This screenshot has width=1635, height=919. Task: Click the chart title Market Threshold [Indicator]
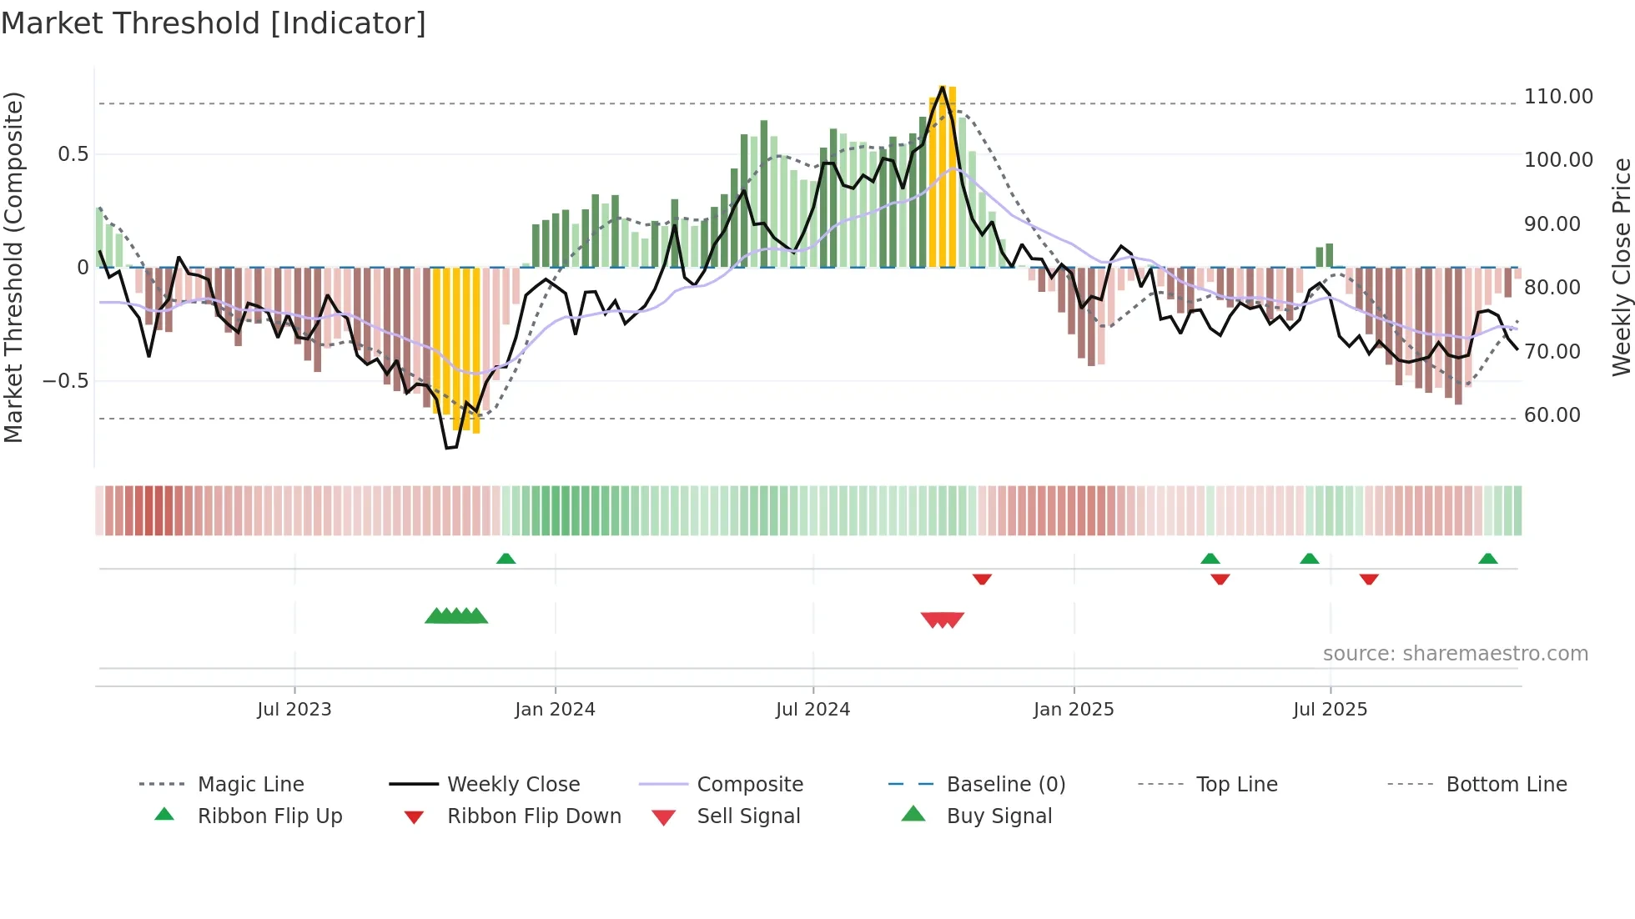(x=214, y=23)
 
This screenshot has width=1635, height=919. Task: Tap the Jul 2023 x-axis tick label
(x=294, y=710)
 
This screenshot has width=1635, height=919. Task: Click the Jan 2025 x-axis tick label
(x=1074, y=710)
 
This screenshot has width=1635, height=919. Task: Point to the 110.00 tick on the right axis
(x=1558, y=97)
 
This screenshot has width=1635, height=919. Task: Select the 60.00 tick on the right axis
(x=1552, y=415)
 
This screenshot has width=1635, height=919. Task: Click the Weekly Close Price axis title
(x=1621, y=267)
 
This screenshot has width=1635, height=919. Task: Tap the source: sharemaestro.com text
(x=1455, y=654)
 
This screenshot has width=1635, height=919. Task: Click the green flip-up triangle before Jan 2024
(x=506, y=559)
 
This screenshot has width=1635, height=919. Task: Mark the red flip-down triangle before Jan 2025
(x=982, y=579)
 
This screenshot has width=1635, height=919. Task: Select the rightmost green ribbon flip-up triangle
(x=1487, y=559)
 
